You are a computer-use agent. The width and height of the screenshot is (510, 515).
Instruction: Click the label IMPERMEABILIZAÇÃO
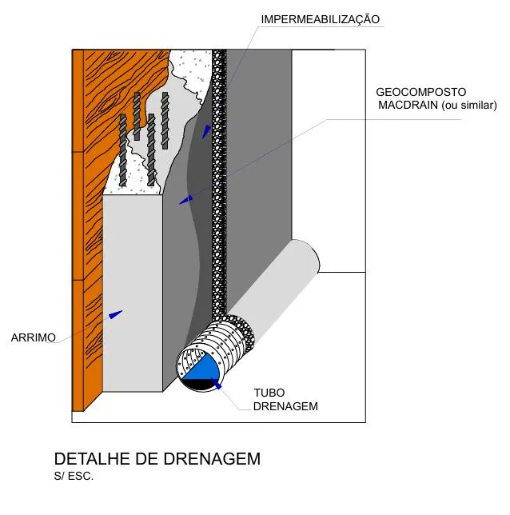point(320,18)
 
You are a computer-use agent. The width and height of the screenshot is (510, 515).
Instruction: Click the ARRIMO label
point(33,337)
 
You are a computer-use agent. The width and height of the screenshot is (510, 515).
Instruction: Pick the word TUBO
point(269,393)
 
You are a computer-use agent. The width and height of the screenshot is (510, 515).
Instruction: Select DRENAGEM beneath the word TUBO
point(285,406)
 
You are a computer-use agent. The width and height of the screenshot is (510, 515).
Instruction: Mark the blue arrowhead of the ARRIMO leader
point(117,313)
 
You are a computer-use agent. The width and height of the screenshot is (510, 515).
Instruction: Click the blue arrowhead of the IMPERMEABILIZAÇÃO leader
point(206,131)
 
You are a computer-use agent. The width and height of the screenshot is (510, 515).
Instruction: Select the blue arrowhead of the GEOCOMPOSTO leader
point(186,199)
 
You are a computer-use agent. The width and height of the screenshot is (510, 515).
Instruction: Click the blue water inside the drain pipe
point(201,368)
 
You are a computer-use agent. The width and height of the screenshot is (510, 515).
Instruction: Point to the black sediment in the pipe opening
point(198,385)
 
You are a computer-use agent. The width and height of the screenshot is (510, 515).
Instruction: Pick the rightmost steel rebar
point(165,120)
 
